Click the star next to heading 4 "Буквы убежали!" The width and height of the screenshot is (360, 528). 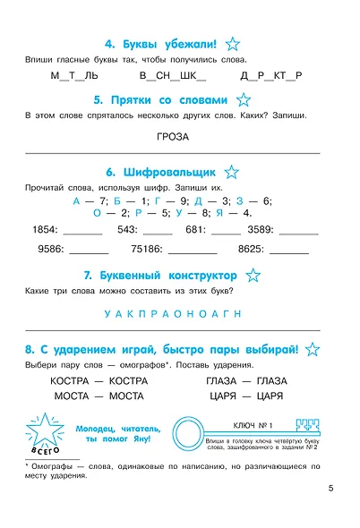[x=234, y=42]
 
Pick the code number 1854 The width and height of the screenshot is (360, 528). [x=45, y=229]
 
